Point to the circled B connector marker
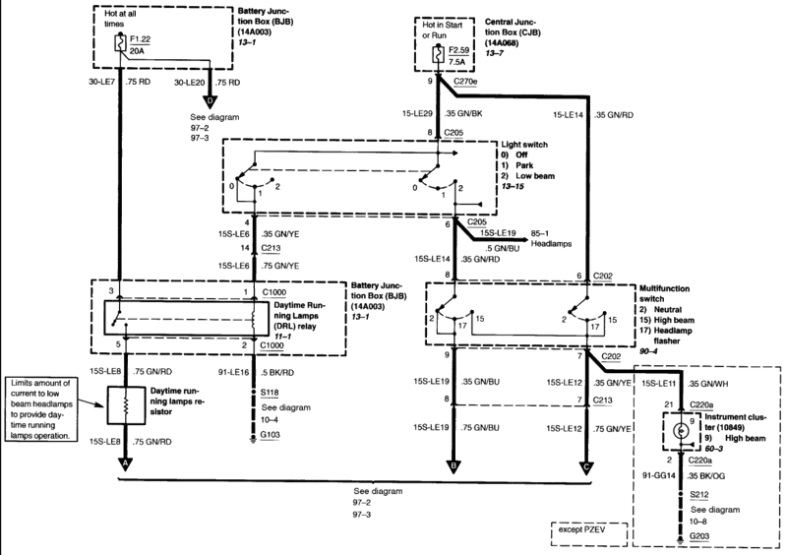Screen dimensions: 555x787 click(453, 465)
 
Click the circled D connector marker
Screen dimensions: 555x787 click(210, 99)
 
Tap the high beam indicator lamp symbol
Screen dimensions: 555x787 click(681, 430)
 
